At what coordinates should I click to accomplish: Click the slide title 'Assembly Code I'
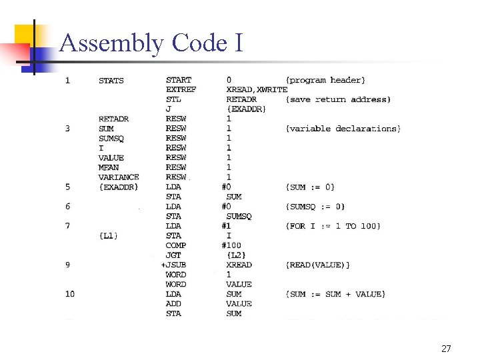point(151,43)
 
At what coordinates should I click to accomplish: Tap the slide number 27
point(446,349)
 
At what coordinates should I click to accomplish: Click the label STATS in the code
point(111,81)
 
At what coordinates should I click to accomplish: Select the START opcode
point(179,80)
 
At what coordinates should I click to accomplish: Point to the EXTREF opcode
point(181,89)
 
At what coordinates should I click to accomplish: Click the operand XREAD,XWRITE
point(257,89)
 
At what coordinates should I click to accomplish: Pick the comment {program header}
point(325,80)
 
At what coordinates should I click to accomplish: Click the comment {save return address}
point(338,99)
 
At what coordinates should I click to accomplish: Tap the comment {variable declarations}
point(343,128)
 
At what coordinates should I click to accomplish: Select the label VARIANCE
point(119,177)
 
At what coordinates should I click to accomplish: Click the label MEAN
point(109,167)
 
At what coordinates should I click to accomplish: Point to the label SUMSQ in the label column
point(111,138)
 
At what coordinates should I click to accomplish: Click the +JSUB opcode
point(175,265)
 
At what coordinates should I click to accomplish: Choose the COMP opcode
point(176,245)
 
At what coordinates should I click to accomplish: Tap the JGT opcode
point(173,255)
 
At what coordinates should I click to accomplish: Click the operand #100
point(232,245)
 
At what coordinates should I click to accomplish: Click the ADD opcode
point(173,304)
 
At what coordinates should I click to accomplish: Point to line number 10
point(70,294)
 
